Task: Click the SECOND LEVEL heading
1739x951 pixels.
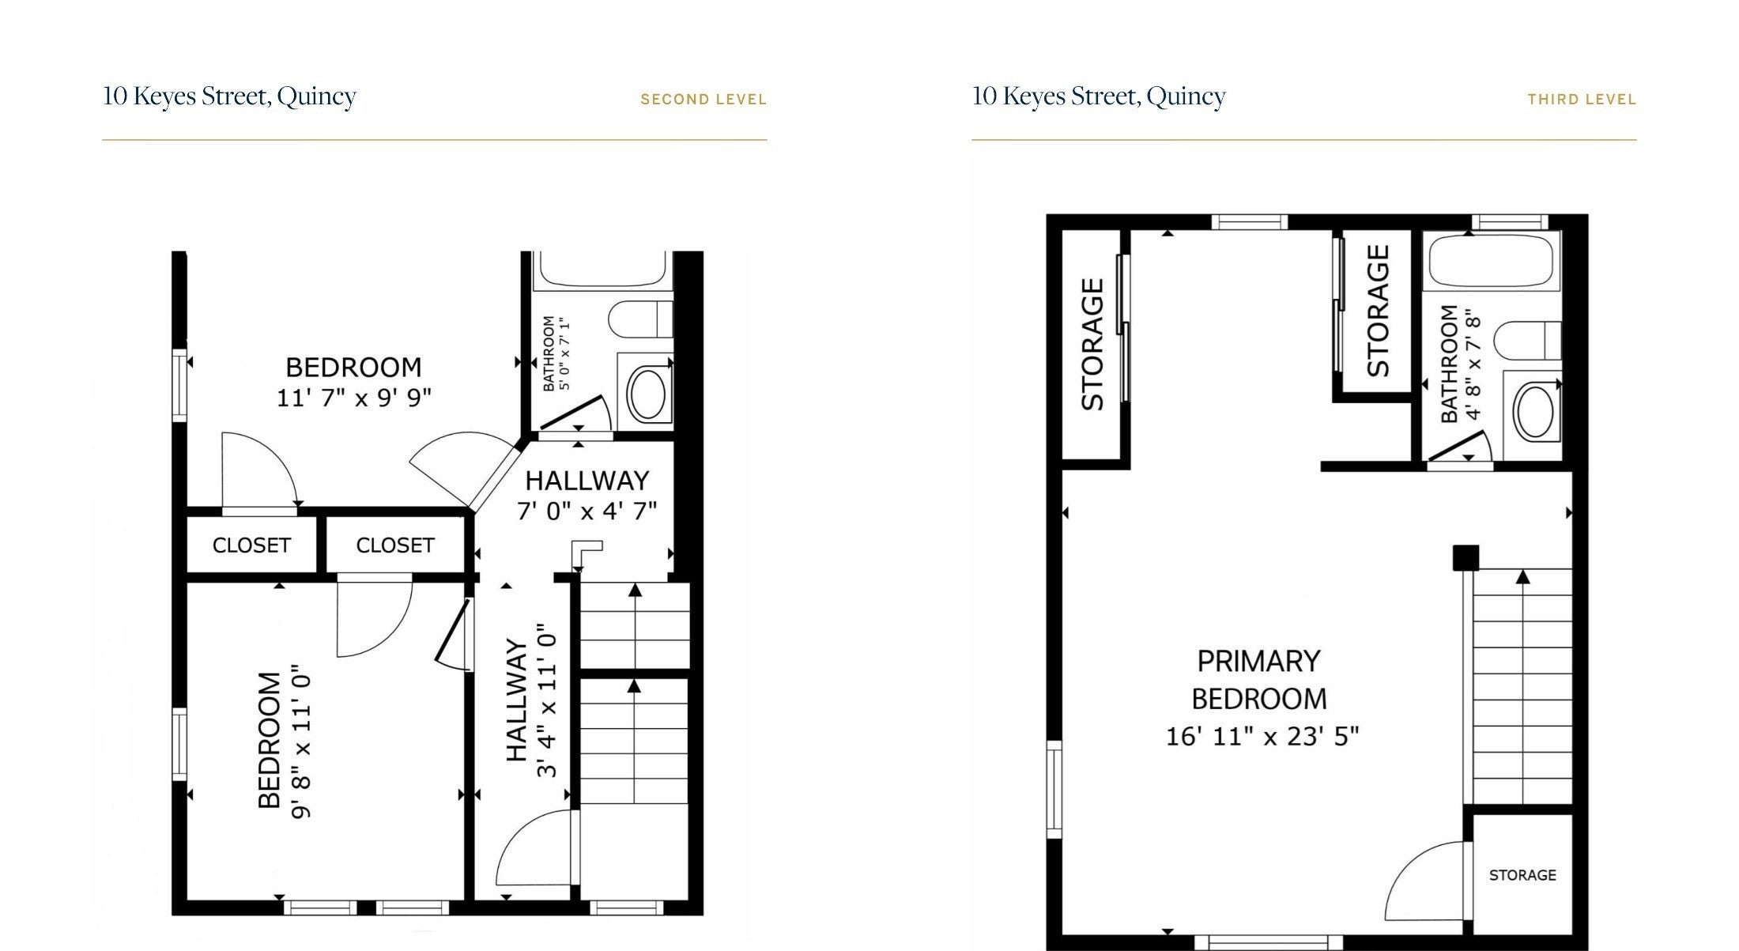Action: tap(703, 100)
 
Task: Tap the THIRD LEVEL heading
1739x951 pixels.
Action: tap(1582, 100)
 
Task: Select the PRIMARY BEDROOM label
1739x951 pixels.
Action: tap(1259, 680)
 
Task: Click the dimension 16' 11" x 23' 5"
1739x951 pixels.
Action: tap(1262, 737)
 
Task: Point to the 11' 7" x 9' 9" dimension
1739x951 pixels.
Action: tap(353, 397)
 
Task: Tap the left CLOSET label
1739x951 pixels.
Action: tap(251, 545)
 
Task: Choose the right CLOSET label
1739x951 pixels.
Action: tap(395, 545)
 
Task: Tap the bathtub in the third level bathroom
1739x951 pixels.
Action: tap(1492, 260)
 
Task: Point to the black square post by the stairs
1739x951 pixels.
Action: tap(1466, 557)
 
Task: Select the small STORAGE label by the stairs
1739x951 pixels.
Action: tap(1522, 875)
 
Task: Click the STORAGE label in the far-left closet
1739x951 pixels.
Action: tap(1092, 344)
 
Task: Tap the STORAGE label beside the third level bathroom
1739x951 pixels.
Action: tap(1378, 311)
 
